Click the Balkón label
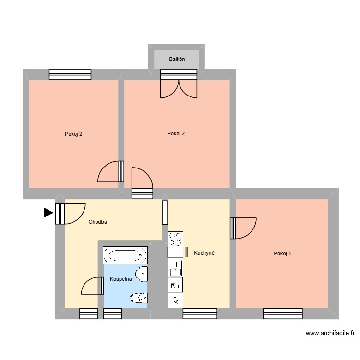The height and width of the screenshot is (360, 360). tap(177, 60)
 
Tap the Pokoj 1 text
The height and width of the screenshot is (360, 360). tap(282, 253)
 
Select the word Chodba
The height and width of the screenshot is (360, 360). tap(97, 222)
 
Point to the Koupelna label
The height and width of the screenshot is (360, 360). tap(121, 279)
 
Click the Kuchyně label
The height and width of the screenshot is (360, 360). tap(204, 253)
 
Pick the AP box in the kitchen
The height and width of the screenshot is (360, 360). tap(175, 300)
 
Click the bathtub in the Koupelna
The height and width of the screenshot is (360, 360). tap(125, 255)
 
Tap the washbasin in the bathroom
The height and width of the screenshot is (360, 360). tap(142, 275)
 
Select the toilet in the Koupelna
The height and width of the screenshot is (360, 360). tap(139, 299)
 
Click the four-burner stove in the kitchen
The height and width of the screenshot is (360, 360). tap(175, 239)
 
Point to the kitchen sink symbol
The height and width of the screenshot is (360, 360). tap(175, 268)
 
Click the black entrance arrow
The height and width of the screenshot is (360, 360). tap(48, 213)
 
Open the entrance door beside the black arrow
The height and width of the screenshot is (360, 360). tap(71, 213)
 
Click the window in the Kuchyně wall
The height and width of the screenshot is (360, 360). tap(200, 313)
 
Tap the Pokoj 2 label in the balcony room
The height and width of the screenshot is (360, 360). tap(176, 133)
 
